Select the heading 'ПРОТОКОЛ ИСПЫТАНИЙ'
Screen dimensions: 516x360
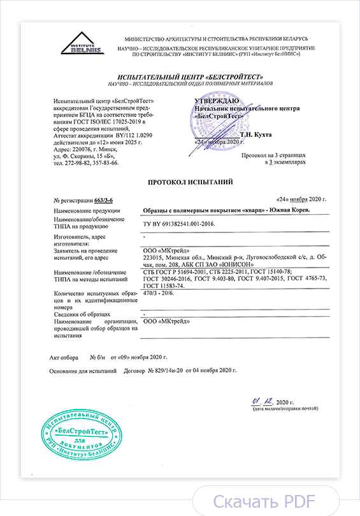point(191,182)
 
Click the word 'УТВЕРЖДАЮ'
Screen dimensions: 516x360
point(217,101)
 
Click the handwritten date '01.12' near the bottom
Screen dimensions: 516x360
point(262,402)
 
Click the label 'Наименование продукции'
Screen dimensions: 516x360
point(88,211)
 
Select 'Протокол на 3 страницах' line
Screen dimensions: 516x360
point(273,155)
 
